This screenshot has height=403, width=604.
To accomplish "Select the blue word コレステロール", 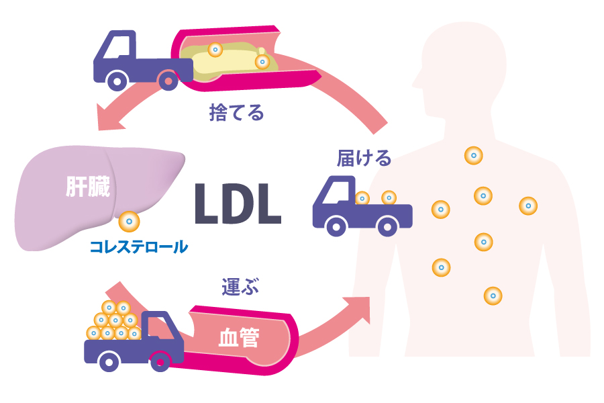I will click(139, 247).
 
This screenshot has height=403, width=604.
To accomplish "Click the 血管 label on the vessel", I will click(239, 337).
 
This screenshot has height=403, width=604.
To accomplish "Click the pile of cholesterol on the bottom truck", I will click(114, 322).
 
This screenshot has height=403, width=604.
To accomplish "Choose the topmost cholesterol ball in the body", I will click(473, 156).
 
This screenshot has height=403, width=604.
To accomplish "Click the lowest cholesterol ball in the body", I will click(493, 295).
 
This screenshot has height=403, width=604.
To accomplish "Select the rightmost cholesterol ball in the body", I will click(528, 206).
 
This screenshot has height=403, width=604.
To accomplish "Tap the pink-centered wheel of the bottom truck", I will click(160, 363).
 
